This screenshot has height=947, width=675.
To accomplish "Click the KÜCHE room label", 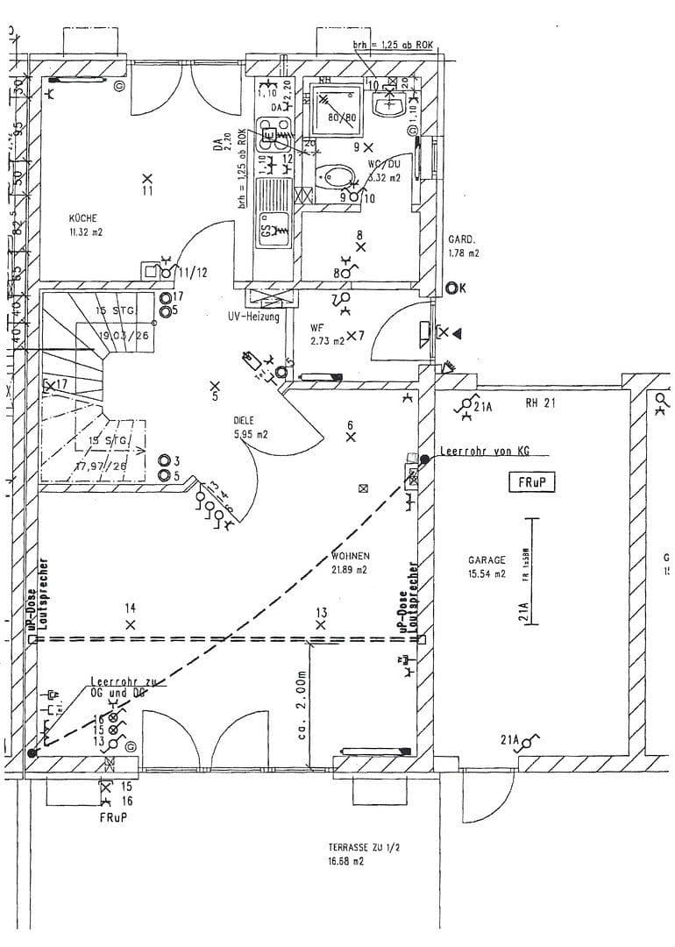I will pyautogui.click(x=85, y=218).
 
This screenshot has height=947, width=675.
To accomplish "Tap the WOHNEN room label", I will pyautogui.click(x=350, y=556).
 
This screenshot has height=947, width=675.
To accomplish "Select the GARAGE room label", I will pyautogui.click(x=487, y=559).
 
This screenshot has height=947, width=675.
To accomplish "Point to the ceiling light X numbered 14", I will pyautogui.click(x=131, y=624).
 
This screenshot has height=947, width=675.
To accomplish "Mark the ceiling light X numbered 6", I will pyautogui.click(x=351, y=436).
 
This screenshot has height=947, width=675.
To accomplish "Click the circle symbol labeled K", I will pyautogui.click(x=451, y=287).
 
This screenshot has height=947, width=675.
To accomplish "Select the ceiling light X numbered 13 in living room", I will pyautogui.click(x=321, y=625).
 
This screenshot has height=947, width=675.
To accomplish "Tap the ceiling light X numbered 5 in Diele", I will pyautogui.click(x=216, y=386).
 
